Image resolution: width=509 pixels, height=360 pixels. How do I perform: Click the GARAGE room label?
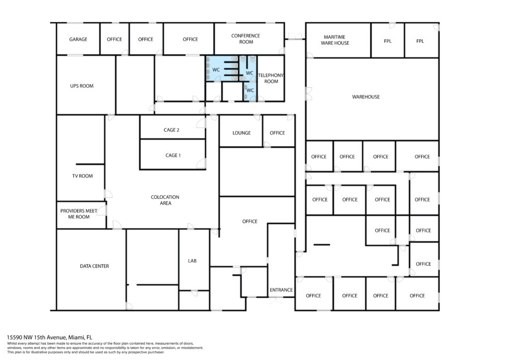78,39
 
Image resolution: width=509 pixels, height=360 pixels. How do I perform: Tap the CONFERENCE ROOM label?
246,39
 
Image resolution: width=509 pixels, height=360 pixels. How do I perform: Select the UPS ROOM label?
82,86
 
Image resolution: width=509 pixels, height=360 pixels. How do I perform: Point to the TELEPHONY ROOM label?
271,78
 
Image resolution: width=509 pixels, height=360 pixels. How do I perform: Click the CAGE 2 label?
171,130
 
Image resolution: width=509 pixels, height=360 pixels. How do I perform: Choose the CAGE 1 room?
173,155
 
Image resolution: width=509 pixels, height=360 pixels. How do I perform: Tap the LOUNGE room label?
242,133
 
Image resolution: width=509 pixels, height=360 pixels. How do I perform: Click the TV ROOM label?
83,176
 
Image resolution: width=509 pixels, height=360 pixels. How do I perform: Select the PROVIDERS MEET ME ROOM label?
79,214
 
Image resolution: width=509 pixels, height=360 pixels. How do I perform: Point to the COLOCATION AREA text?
165,200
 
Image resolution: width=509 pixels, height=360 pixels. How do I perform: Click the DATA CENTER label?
94,266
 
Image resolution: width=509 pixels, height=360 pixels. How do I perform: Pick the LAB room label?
192,261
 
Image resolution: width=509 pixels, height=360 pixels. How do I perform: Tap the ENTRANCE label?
281,290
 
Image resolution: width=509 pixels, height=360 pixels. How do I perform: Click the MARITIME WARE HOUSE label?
335,40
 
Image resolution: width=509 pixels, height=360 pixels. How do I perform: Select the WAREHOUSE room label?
366,97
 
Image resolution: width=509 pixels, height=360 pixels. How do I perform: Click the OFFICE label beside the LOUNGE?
277,133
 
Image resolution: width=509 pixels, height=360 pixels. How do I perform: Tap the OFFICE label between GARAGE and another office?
114,39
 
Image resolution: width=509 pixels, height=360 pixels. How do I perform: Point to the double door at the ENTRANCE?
277,300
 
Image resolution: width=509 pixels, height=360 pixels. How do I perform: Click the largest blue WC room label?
216,70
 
